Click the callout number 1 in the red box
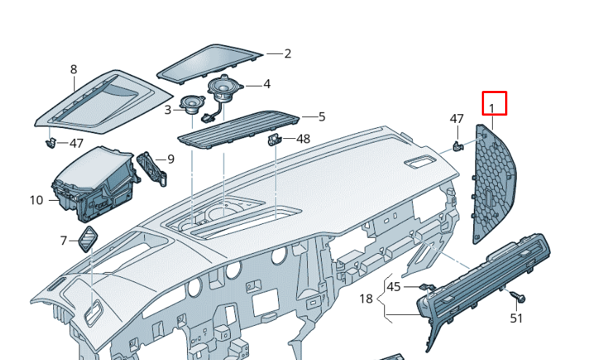492,109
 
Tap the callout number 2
287,54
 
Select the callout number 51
516,318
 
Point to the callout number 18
366,298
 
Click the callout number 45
394,287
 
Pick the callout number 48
304,139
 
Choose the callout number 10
36,200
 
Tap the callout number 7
63,241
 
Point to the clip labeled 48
274,140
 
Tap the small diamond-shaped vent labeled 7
88,239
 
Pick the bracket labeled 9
152,168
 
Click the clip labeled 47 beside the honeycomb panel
457,146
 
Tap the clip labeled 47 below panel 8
50,143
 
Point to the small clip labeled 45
425,287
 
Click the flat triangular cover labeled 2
210,63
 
